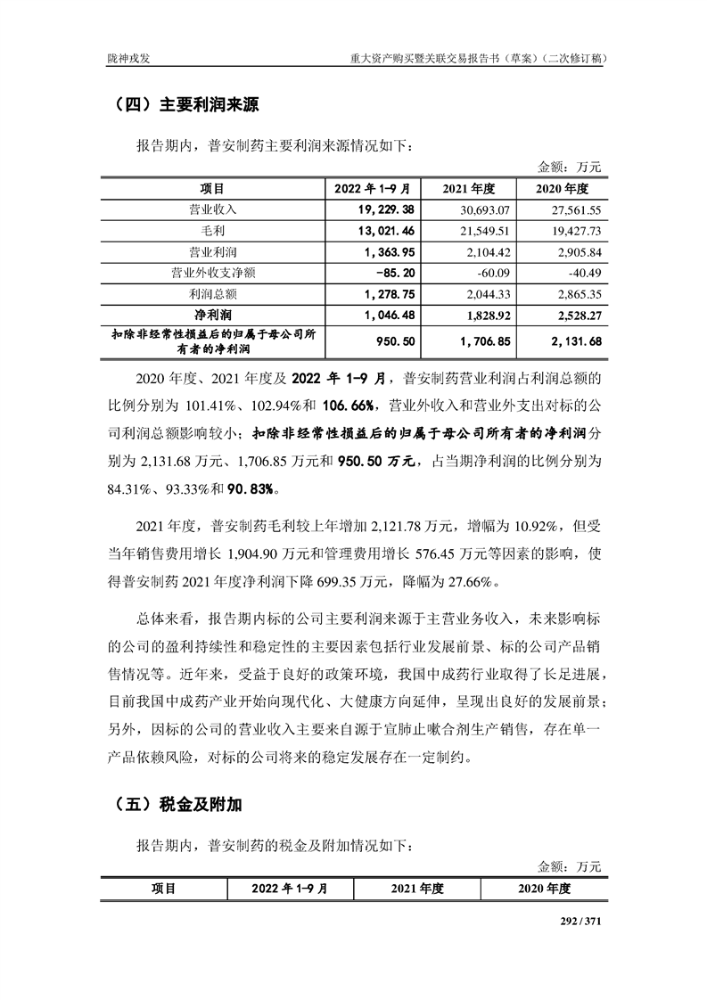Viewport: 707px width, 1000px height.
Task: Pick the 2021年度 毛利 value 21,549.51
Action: [480, 231]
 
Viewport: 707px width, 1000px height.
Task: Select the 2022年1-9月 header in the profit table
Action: [372, 189]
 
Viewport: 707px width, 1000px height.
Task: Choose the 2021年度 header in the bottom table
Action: [417, 889]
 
